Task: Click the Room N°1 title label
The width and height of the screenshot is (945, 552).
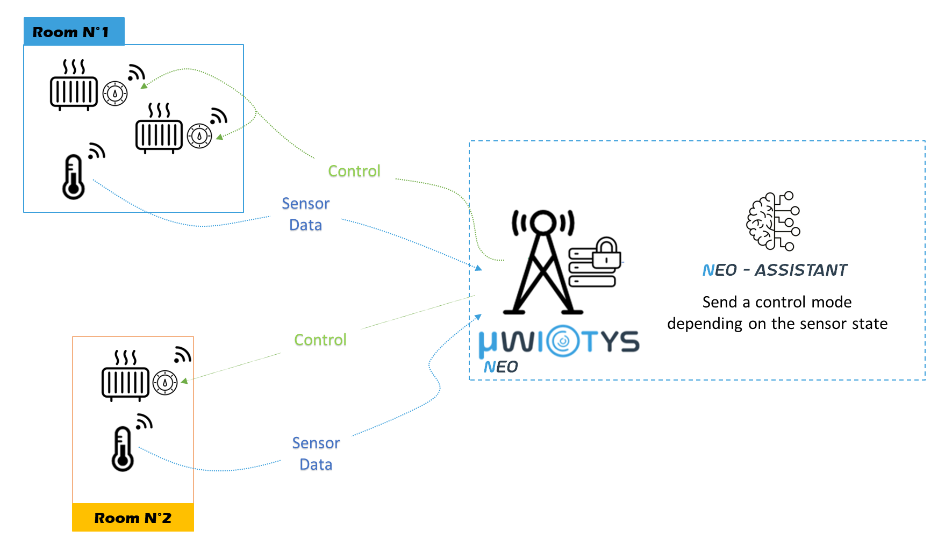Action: pyautogui.click(x=71, y=32)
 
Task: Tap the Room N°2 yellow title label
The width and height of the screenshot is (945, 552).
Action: pyautogui.click(x=133, y=518)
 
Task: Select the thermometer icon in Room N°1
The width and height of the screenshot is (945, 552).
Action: pyautogui.click(x=74, y=177)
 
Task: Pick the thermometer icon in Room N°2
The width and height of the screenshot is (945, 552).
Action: pyautogui.click(x=123, y=449)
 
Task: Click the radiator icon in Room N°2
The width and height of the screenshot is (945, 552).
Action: pyautogui.click(x=125, y=376)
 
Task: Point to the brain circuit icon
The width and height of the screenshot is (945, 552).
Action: pyautogui.click(x=773, y=221)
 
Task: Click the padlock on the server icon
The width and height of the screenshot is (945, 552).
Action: pyautogui.click(x=606, y=253)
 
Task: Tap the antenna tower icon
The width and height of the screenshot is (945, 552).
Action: pyautogui.click(x=543, y=263)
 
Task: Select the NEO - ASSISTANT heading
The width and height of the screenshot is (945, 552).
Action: pyautogui.click(x=775, y=270)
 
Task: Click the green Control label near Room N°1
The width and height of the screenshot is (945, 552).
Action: pyautogui.click(x=354, y=171)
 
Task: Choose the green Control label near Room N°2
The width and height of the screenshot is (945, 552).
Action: pyautogui.click(x=320, y=340)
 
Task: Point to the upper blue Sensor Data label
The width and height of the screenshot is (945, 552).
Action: pyautogui.click(x=305, y=214)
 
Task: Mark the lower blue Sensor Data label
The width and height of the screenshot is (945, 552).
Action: pyautogui.click(x=316, y=454)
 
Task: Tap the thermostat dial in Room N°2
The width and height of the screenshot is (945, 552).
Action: pyautogui.click(x=165, y=383)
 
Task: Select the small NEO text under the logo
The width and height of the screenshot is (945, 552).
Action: pyautogui.click(x=500, y=367)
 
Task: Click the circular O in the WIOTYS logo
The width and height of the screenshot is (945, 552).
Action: pyautogui.click(x=563, y=342)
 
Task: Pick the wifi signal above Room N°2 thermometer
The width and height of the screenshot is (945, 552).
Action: pyautogui.click(x=144, y=421)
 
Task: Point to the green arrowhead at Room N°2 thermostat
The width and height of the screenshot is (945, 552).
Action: pyautogui.click(x=184, y=381)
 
